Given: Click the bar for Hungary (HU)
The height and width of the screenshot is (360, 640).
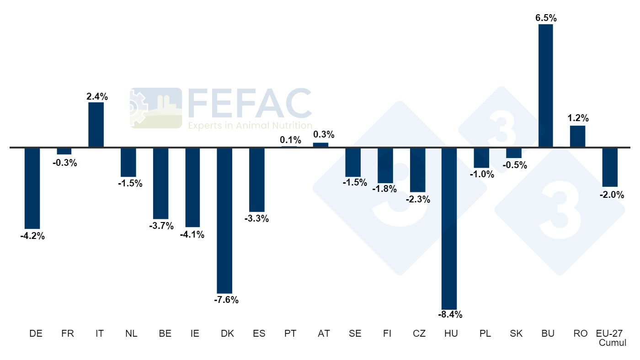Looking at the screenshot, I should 449,228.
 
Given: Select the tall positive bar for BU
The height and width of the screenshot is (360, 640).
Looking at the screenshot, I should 545,86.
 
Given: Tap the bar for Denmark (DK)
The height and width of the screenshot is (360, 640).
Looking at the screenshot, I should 224,220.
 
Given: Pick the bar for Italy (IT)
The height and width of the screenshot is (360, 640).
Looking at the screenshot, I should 96,125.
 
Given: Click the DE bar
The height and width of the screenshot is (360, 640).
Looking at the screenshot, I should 32,188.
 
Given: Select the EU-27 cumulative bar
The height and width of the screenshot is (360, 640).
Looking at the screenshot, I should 610,167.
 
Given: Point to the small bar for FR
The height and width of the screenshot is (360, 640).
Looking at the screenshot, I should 64,151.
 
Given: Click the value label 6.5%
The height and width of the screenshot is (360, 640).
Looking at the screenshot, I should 545,18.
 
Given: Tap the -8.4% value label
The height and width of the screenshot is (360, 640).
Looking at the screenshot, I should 449,315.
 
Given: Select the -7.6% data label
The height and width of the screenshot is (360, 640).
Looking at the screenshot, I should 225,300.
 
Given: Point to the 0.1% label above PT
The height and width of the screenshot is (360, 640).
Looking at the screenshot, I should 290,140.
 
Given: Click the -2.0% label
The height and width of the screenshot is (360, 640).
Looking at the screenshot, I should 611,195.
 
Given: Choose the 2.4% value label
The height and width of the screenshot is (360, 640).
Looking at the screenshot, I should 97,96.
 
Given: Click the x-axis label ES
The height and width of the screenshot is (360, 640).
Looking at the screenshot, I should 259,334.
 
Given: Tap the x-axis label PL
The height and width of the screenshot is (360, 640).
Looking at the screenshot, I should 485,334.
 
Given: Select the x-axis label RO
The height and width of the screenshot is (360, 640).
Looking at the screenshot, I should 580,334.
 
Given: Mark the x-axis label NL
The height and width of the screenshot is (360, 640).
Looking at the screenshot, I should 131,334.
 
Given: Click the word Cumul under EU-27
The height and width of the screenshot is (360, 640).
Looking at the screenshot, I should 612,343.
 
